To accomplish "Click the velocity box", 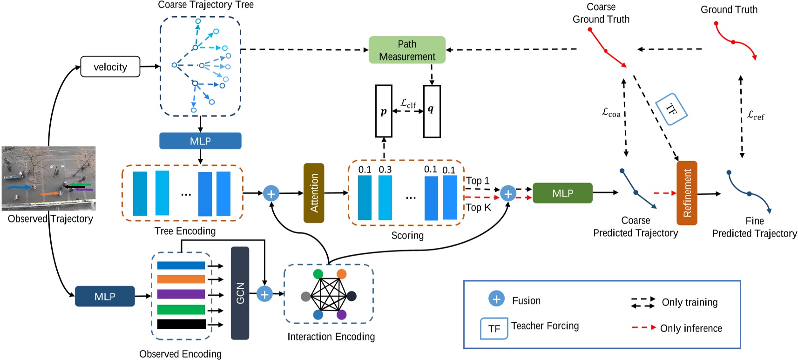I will (110, 67).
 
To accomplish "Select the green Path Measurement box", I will (407, 50).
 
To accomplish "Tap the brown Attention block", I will (314, 193).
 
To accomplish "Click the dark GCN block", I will (240, 293).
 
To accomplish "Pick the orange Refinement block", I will (687, 193).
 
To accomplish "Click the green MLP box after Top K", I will (562, 193).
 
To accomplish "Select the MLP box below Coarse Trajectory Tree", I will (200, 141).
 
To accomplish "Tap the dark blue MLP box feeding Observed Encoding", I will (105, 296).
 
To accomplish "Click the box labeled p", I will (384, 111).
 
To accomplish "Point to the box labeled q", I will (432, 111).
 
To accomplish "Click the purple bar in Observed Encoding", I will (181, 294).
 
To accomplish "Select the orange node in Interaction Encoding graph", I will (342, 274).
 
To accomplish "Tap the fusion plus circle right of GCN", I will (264, 294).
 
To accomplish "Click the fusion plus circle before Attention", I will (271, 193).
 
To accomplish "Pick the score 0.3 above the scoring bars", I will (385, 170).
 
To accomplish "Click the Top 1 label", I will (478, 181).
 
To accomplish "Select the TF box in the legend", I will (494, 329).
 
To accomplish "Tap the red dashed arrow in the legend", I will (644, 327).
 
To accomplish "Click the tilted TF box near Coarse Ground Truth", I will (671, 109).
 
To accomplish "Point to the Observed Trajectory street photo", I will (48, 178).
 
